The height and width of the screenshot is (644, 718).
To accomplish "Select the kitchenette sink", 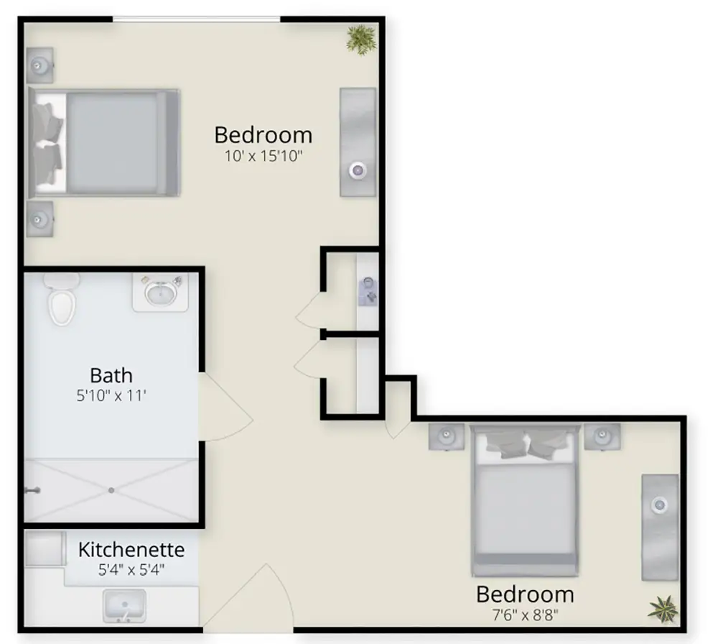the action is point(124,606).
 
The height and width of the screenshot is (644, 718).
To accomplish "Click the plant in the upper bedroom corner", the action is point(361,40).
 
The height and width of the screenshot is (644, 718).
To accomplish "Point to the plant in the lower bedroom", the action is point(663,609).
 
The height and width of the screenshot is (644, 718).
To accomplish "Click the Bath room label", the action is point(111,375).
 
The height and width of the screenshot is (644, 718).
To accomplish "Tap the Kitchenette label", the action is point(131,549).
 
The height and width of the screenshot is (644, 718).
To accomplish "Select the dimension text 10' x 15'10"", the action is point(264,156).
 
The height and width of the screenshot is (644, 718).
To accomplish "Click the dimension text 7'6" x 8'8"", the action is point(526,615).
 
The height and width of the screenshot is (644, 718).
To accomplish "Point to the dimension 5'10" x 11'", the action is point(111,395).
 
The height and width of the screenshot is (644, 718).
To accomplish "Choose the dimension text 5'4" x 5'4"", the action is point(131,570).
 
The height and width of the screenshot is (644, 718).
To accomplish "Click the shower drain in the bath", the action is point(111,490).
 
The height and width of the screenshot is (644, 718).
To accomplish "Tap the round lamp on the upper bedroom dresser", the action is point(358,171).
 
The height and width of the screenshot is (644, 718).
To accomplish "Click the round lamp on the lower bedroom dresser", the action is point(660,505).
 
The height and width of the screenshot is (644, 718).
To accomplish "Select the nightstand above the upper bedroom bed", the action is point(39,65).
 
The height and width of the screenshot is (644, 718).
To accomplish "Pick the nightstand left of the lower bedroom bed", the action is point(447,436).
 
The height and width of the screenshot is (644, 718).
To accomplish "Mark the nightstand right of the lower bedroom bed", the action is point(602,436).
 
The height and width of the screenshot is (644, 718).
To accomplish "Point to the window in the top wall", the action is point(197,19).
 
